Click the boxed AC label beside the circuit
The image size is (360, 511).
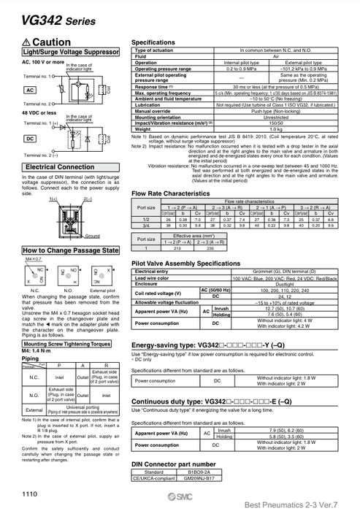[31, 90]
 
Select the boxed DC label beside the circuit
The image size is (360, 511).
[31, 138]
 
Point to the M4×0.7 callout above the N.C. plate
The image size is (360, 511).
[34, 259]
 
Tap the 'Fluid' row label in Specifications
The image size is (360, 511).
[142, 56]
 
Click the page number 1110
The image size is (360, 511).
[31, 495]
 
